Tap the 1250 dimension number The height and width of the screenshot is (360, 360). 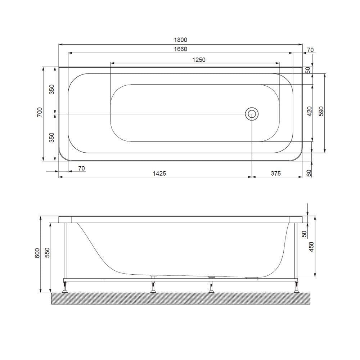click(198, 60)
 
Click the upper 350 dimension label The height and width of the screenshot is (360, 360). click(51, 90)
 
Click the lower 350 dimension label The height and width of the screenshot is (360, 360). click(51, 138)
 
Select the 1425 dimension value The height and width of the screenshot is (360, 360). click(159, 173)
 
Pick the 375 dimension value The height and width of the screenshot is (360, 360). click(275, 173)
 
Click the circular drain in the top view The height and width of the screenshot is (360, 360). click(252, 114)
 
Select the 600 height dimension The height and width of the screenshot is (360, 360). click(37, 254)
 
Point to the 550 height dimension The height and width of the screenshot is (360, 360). click(47, 254)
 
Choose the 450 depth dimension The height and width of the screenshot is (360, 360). click(312, 246)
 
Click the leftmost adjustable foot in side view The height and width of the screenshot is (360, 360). click(66, 288)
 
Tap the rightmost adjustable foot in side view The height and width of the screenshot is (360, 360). click(297, 288)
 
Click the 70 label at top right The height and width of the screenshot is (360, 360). click(310, 50)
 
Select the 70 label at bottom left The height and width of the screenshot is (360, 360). click(81, 168)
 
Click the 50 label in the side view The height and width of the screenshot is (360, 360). click(304, 233)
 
